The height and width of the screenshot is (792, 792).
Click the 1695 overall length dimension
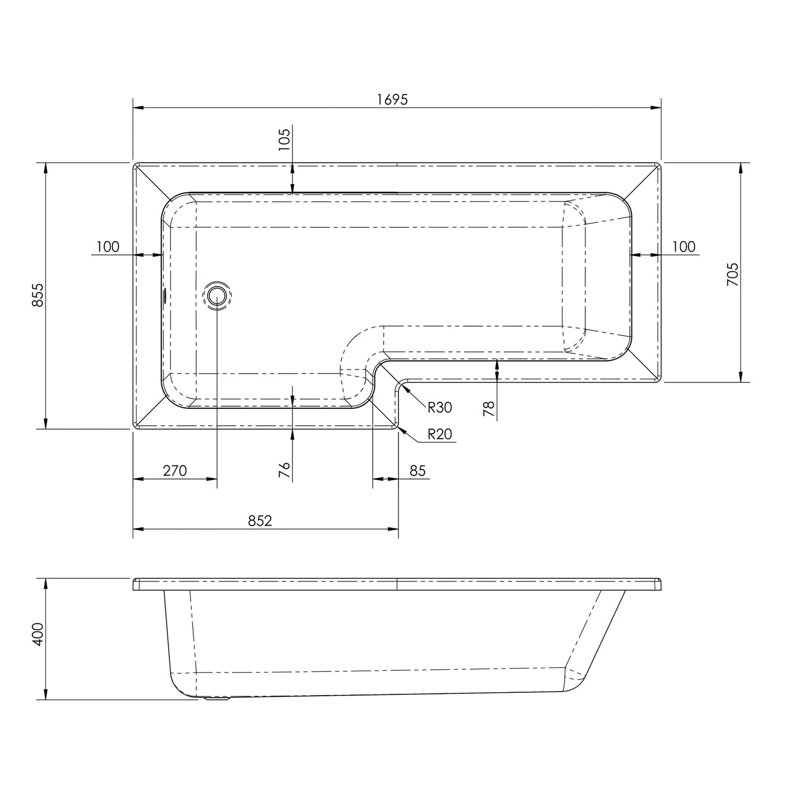point(392,99)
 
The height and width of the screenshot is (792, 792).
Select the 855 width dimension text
point(38,296)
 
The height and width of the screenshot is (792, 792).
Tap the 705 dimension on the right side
point(732,274)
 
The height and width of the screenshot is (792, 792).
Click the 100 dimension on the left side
point(107,247)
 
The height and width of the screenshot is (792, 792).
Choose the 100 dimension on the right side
point(683,247)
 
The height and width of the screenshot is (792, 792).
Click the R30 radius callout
point(440,407)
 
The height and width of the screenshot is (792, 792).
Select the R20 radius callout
point(440,434)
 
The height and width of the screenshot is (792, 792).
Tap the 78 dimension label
point(489,409)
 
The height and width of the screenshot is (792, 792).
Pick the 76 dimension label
point(284,470)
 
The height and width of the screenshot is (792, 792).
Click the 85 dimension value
point(418,470)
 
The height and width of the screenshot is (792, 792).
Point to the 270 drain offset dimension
point(175,470)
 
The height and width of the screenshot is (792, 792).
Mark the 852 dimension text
point(260,520)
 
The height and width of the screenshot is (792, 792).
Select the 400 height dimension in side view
point(38,635)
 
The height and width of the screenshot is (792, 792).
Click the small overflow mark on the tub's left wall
point(164,296)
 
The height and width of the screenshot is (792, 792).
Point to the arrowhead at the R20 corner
point(402,431)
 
